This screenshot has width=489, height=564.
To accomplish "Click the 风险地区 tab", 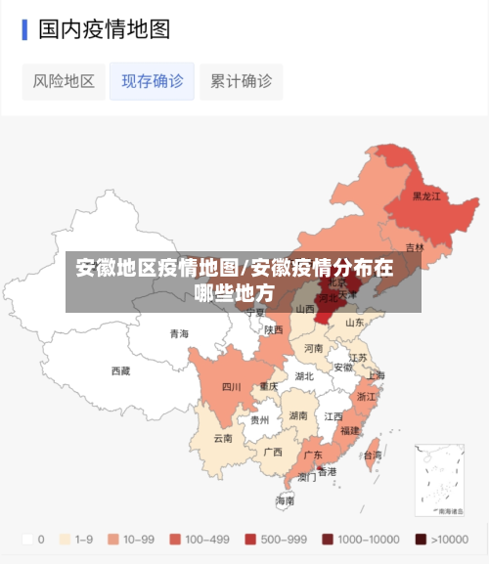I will [64, 81].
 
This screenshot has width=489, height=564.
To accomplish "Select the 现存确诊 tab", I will [152, 81].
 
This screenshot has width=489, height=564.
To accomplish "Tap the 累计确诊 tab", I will [241, 81].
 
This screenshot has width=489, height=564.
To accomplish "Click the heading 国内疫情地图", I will [104, 29].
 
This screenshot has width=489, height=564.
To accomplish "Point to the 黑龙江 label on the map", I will [426, 196].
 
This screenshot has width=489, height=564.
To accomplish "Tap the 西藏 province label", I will [120, 370].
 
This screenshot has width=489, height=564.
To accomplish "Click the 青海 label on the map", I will [179, 333].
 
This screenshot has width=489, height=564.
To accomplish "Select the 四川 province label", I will [231, 386].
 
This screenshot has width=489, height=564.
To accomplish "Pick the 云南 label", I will [224, 438].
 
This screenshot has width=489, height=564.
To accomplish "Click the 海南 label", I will [285, 499].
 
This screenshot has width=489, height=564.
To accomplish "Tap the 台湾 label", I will [372, 455].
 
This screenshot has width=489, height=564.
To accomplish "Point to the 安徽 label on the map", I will [343, 368].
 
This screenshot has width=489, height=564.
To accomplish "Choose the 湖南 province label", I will [298, 415].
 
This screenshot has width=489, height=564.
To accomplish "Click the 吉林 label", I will [415, 247].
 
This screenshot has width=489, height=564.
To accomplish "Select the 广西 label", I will [273, 452].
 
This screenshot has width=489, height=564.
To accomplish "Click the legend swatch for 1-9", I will [67, 539].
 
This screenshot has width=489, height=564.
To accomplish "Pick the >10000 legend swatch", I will [420, 539].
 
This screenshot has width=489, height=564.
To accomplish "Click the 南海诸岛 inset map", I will [439, 481].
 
